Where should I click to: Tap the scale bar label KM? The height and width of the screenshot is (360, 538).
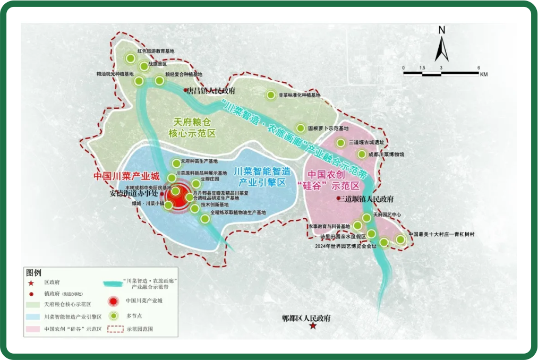(x=483, y=75)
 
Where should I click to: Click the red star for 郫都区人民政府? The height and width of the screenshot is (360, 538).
(x=314, y=325)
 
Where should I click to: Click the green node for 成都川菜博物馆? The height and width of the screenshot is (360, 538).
(x=362, y=155)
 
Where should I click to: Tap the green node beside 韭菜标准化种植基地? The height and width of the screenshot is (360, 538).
(x=270, y=95)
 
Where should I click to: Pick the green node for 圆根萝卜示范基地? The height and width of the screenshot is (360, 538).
(x=300, y=128)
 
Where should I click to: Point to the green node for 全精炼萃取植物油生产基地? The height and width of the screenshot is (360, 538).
(x=204, y=218)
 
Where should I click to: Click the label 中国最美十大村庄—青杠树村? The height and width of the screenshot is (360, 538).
(x=441, y=234)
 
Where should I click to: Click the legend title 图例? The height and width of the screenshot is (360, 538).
(x=33, y=272)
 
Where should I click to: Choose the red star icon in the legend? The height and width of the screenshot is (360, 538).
(x=31, y=284)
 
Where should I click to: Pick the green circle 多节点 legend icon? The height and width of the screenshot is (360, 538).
(x=113, y=316)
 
